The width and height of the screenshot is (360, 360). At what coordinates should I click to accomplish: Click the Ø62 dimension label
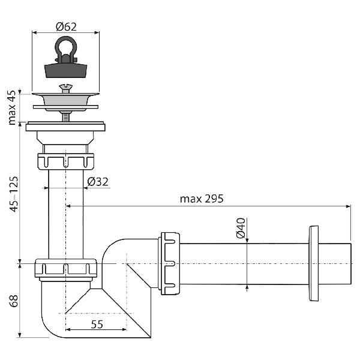[x=65, y=26]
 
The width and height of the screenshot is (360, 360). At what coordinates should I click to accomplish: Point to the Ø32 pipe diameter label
[x=98, y=181]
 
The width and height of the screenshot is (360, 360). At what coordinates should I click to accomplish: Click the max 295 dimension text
[x=202, y=199]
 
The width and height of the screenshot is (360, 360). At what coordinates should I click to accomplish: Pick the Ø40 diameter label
[x=241, y=229]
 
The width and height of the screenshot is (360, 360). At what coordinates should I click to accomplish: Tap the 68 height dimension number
[x=13, y=301]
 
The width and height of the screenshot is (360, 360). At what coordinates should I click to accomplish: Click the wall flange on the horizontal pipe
[x=313, y=263]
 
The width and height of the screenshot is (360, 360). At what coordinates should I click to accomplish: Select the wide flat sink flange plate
[x=66, y=127]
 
